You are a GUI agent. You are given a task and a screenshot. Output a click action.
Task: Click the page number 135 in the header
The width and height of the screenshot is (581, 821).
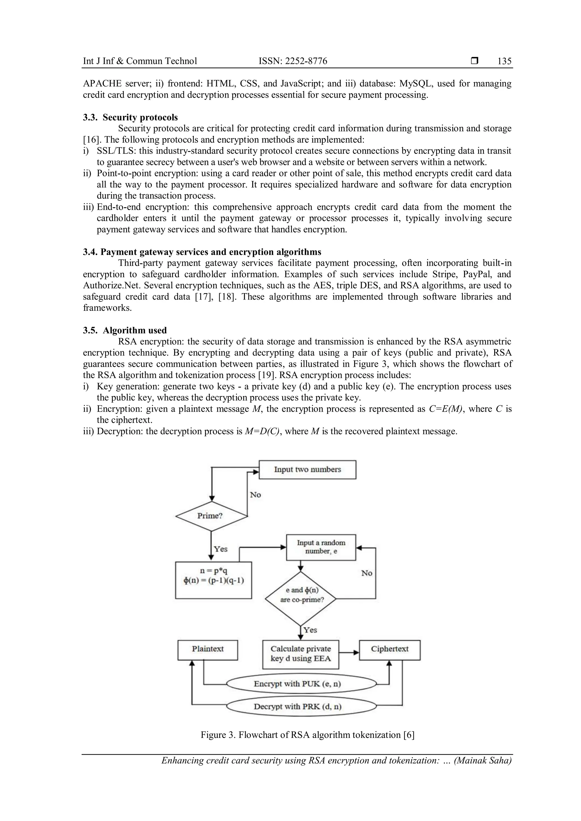click(x=504, y=61)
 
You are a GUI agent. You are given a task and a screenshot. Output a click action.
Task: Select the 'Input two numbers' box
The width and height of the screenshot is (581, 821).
click(x=307, y=469)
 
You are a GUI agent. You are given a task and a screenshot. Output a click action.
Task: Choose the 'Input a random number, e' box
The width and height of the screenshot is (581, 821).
click(x=321, y=547)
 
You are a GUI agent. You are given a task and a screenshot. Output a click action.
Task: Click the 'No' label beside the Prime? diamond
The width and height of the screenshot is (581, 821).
click(x=255, y=495)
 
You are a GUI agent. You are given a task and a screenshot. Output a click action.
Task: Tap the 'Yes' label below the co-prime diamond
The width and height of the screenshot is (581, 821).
click(x=310, y=630)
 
